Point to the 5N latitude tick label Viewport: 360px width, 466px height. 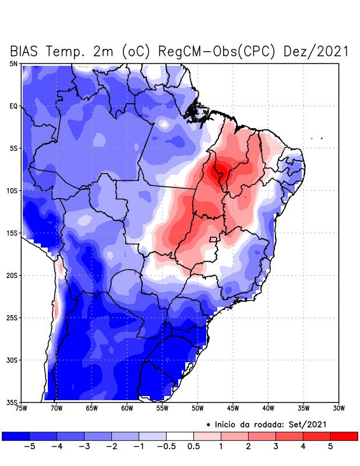tap(13, 63)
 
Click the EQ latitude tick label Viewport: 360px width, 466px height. tap(13, 106)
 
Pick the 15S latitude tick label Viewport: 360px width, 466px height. tap(12, 233)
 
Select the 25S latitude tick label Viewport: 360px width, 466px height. tap(12, 317)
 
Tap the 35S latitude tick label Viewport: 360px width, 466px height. tap(12, 402)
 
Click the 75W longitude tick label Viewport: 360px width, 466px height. tap(21, 408)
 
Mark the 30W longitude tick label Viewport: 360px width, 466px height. tap(339, 408)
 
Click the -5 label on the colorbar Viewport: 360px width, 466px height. tap(30, 446)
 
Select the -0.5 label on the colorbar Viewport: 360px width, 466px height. tap(166, 446)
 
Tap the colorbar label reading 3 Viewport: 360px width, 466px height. tap(276, 446)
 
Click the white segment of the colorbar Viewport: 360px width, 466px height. tap(180, 436)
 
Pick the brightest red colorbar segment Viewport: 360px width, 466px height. tap(344, 436)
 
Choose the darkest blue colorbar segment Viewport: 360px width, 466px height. tap(16, 436)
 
